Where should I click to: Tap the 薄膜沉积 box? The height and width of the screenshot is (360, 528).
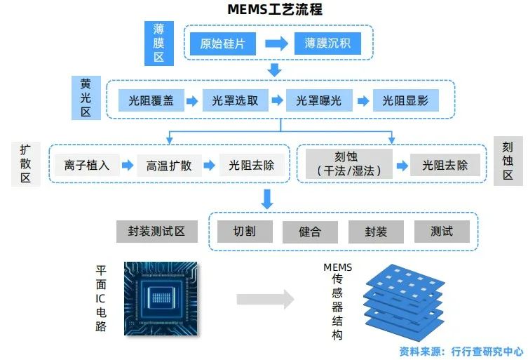tap(327, 44)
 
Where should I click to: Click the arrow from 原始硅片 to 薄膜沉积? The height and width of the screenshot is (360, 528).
tap(276, 44)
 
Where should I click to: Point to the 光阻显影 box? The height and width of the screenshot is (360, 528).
tap(405, 100)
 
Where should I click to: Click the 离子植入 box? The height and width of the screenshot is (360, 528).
tap(87, 166)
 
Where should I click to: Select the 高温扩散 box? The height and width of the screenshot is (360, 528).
tap(169, 166)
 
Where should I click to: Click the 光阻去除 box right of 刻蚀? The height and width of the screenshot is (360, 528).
tap(445, 166)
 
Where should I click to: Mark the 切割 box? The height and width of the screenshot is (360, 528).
tap(244, 232)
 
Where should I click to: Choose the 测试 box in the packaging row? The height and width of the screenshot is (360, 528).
tap(441, 232)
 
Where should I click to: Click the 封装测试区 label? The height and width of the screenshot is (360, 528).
tap(156, 232)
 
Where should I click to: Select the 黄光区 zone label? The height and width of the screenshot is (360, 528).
tap(86, 97)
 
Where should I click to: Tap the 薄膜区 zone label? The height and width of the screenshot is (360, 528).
tap(158, 43)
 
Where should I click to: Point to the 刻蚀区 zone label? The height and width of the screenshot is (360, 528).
tap(508, 161)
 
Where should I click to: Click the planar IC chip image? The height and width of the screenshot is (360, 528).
tap(161, 298)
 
